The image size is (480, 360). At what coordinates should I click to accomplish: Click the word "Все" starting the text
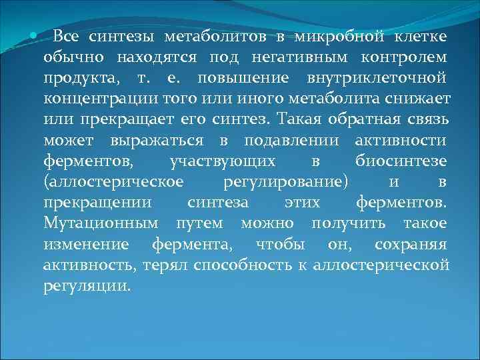pyautogui.click(x=65, y=36)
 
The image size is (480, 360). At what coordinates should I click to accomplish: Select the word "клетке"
pyautogui.click(x=424, y=36)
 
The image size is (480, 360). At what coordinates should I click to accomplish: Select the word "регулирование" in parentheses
pyautogui.click(x=283, y=183)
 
